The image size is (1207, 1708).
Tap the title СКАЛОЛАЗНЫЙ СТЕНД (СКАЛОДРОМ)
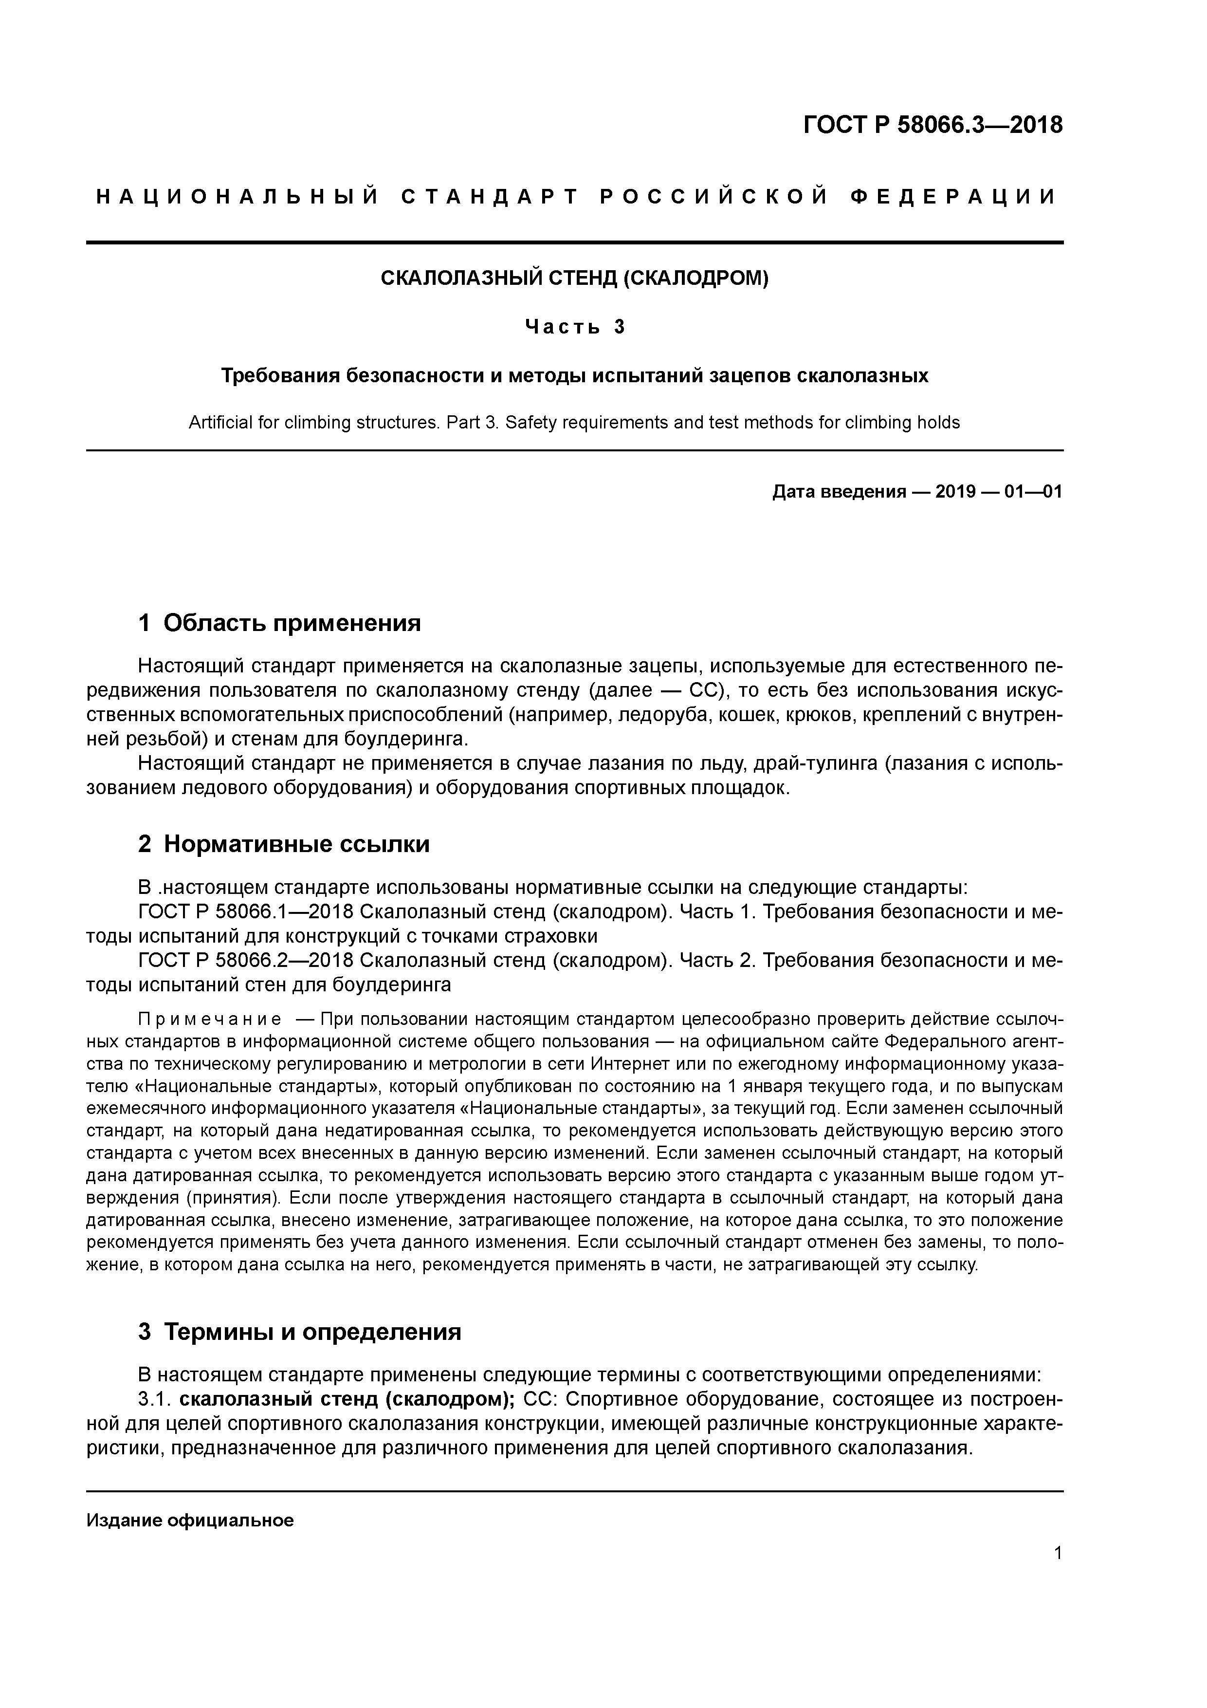(574, 278)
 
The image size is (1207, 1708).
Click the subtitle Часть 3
(574, 327)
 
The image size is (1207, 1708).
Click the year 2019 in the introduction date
(956, 492)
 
